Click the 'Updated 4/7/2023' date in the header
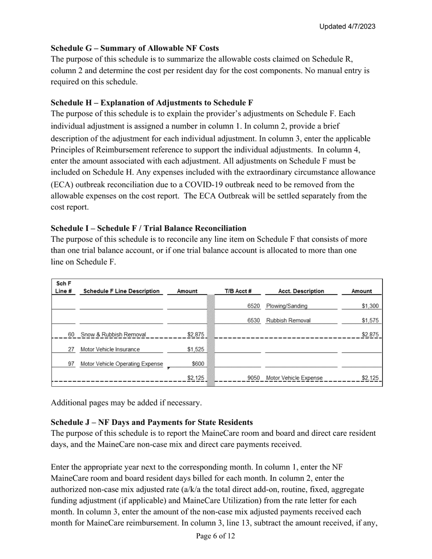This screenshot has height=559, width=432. pyautogui.click(x=347, y=26)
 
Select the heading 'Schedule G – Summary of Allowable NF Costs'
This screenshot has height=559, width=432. pyautogui.click(x=135, y=48)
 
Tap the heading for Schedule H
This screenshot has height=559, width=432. pyautogui.click(x=152, y=103)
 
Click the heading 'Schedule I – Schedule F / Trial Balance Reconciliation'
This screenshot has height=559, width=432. pyautogui.click(x=148, y=228)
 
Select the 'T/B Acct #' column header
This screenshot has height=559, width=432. pyautogui.click(x=238, y=291)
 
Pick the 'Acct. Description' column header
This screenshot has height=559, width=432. pyautogui.click(x=301, y=291)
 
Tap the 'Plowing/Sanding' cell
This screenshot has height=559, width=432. pyautogui.click(x=286, y=306)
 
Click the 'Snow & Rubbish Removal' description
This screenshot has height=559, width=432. pyautogui.click(x=113, y=335)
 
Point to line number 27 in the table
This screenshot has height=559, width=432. pyautogui.click(x=71, y=349)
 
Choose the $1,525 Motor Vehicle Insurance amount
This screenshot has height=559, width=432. pyautogui.click(x=196, y=349)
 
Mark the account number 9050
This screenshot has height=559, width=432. pyautogui.click(x=253, y=378)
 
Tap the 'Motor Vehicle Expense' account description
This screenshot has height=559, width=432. pyautogui.click(x=294, y=378)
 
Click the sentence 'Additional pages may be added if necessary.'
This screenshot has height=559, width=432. pyautogui.click(x=126, y=403)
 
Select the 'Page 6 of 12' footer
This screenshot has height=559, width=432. pyautogui.click(x=216, y=536)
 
